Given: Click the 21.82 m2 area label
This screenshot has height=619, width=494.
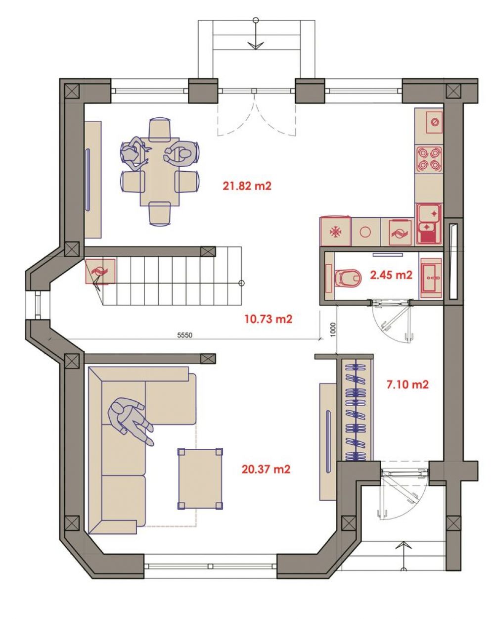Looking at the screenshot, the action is [x=247, y=186].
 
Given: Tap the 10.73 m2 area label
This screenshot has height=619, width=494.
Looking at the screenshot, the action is [x=269, y=319].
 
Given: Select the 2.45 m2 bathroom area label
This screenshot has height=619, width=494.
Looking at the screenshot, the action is [x=391, y=275].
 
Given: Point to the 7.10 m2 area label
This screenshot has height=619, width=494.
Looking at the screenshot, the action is [x=407, y=384].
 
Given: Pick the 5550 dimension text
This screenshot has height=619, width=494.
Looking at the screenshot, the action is [x=184, y=335].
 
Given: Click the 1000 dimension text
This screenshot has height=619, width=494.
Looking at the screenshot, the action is [x=333, y=330].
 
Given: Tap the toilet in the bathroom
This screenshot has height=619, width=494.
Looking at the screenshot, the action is [x=348, y=278].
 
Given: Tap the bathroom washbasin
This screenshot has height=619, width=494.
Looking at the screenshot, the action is [x=430, y=278].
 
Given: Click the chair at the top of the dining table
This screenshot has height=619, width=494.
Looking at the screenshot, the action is [x=160, y=130].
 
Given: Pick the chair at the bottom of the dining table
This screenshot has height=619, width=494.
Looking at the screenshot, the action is [x=160, y=214].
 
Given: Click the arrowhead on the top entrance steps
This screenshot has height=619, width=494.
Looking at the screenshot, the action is [x=256, y=46].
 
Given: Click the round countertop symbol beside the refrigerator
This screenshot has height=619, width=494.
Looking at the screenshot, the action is [x=365, y=232].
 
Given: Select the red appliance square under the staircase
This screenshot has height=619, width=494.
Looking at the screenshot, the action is [x=100, y=271].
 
